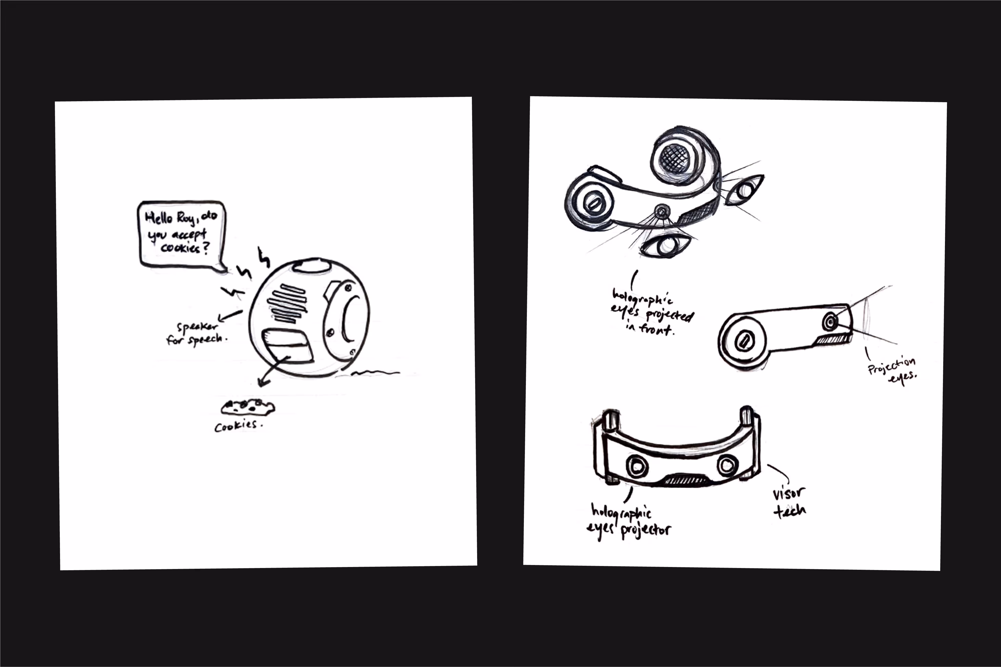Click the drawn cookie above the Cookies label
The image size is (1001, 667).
(248, 407)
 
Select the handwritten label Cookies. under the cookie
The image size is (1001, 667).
(237, 426)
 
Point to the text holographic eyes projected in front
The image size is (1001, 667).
(651, 313)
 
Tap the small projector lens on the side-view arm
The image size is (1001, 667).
(829, 322)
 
